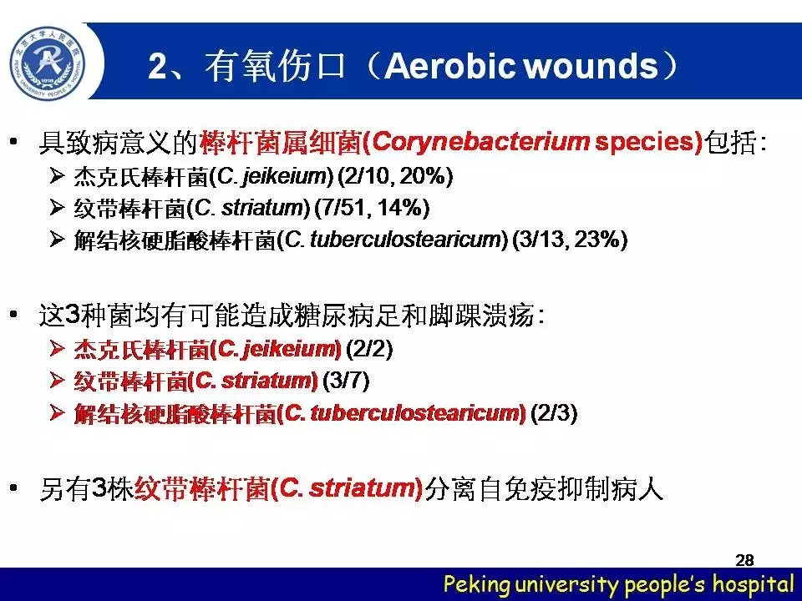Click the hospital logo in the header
[48, 63]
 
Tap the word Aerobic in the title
[449, 66]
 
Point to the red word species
[644, 143]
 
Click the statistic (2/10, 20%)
[396, 177]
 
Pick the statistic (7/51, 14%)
[373, 208]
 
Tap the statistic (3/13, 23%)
[570, 240]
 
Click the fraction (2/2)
[369, 349]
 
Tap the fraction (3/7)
[346, 381]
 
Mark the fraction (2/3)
[554, 412]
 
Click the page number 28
[744, 560]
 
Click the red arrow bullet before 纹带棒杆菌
[57, 380]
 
